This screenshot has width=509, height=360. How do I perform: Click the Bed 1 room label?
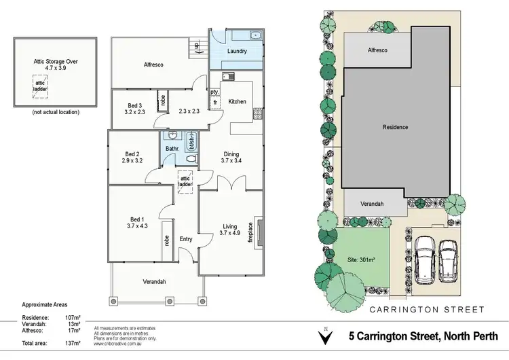tap(136, 219)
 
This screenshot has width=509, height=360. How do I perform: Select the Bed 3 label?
tap(135, 105)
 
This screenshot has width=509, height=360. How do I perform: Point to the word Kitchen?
tap(237, 101)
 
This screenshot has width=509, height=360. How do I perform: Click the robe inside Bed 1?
tap(166, 241)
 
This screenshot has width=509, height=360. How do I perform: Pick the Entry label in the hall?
tap(186, 239)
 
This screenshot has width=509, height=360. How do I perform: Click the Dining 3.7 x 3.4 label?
tap(232, 157)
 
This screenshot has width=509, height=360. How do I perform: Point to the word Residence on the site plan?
tap(395, 127)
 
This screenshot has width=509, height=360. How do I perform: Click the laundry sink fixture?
tap(257, 34)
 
